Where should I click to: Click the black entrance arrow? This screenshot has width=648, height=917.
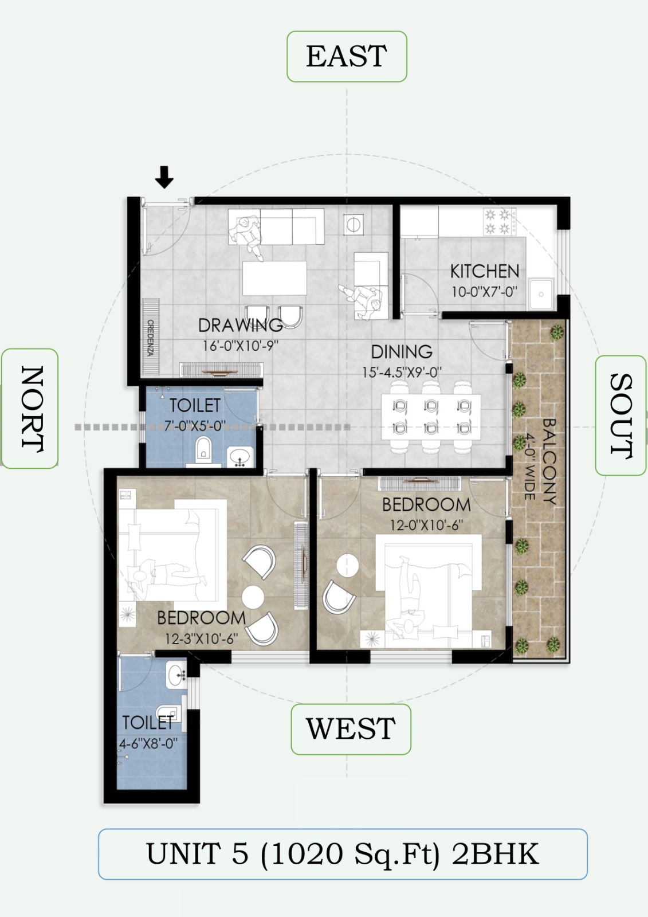point(164,177)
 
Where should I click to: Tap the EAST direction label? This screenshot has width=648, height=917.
point(346,56)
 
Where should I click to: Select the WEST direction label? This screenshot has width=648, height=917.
point(351,728)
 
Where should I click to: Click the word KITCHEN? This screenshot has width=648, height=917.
point(485,272)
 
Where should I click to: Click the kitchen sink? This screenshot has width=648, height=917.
point(541,293)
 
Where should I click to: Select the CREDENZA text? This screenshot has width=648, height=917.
point(151,338)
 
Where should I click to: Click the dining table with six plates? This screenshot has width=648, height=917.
point(431,417)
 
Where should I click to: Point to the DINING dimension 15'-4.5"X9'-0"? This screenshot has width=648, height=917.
point(402,373)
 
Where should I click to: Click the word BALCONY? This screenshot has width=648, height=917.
point(549,461)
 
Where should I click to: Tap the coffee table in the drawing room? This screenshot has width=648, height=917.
point(274,278)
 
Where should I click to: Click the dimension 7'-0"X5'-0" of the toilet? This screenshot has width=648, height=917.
point(195,426)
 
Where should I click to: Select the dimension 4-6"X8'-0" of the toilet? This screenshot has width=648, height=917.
point(148,743)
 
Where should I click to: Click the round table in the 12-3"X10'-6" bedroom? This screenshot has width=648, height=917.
point(253,597)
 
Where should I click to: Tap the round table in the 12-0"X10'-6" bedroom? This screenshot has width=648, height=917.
point(348,565)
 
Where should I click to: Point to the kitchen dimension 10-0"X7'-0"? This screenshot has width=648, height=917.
point(485,292)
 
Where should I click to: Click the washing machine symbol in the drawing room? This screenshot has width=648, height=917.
point(353,224)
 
